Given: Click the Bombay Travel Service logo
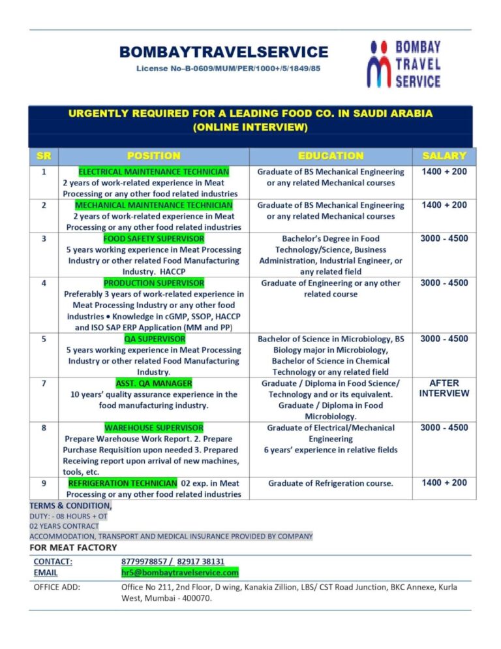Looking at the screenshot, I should pyautogui.click(x=404, y=63).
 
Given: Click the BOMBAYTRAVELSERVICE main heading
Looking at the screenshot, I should pyautogui.click(x=224, y=52).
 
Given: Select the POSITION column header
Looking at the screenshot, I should pyautogui.click(x=154, y=155).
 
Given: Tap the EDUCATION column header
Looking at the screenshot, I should pyautogui.click(x=330, y=155).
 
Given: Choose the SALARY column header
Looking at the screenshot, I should pyautogui.click(x=444, y=155).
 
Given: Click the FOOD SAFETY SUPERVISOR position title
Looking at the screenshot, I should pyautogui.click(x=154, y=238).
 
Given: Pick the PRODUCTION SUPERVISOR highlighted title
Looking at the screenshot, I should pyautogui.click(x=154, y=283).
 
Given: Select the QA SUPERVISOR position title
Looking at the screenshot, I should pyautogui.click(x=155, y=339).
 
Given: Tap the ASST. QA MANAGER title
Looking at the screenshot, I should pyautogui.click(x=154, y=383).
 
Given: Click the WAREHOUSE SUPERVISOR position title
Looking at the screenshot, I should pyautogui.click(x=154, y=428).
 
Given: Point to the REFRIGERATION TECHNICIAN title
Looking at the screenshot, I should pyautogui.click(x=123, y=483).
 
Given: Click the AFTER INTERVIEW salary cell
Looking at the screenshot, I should pyautogui.click(x=444, y=388).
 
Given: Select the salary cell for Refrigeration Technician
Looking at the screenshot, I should pyautogui.click(x=444, y=483).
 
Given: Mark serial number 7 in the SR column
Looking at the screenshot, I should pyautogui.click(x=44, y=383).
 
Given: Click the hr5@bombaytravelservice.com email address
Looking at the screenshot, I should pyautogui.click(x=180, y=573).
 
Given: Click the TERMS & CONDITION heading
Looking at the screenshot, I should pyautogui.click(x=70, y=505).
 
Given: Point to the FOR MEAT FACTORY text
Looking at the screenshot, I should pyautogui.click(x=74, y=547).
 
